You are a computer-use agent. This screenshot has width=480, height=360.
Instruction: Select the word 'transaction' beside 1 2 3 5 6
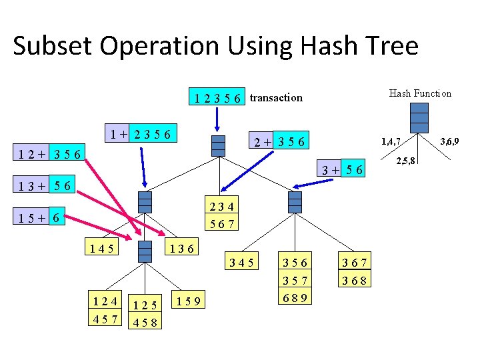(x=276, y=98)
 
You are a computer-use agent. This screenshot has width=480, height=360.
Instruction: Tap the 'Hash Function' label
(x=420, y=93)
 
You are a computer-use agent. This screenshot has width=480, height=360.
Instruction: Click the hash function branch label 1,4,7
(x=391, y=141)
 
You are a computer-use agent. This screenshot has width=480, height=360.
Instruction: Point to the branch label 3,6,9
(x=452, y=141)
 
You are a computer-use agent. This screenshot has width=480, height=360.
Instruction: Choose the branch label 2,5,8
(x=406, y=161)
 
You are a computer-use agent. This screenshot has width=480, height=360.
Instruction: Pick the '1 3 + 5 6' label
(x=46, y=184)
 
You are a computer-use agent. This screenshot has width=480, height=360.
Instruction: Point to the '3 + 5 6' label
(x=343, y=170)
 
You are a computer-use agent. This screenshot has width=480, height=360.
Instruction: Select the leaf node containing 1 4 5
(x=100, y=249)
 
